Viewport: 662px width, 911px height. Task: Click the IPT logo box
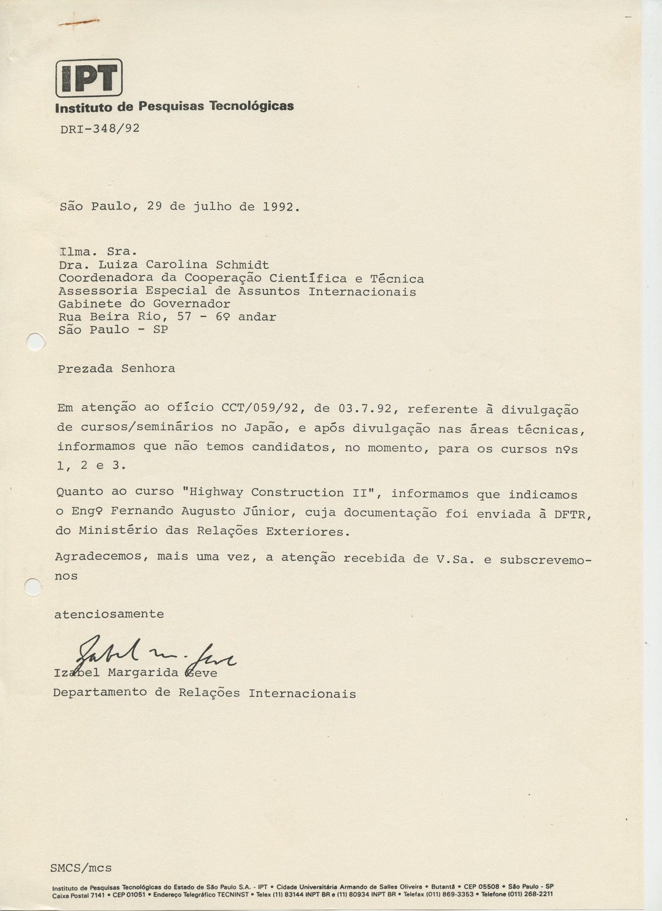click(89, 78)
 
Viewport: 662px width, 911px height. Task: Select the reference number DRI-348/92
click(100, 128)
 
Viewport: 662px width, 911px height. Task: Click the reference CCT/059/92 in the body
click(259, 409)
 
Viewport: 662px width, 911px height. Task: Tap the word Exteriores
click(307, 532)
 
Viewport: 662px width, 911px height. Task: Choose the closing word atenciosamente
click(109, 614)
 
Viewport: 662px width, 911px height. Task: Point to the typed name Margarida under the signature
click(143, 673)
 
